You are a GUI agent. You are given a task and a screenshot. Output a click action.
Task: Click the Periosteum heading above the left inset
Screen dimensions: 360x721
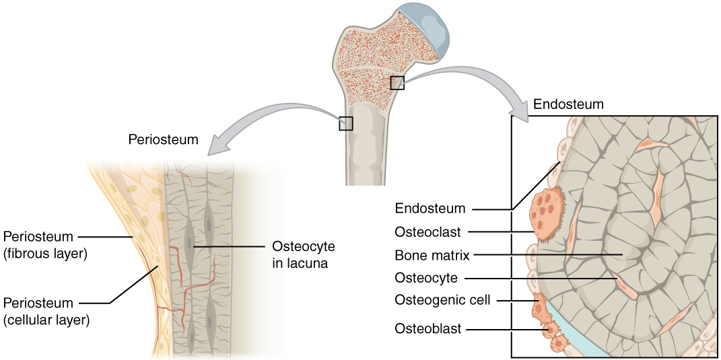click(163, 140)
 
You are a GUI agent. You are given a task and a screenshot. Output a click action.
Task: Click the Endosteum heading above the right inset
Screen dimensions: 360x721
click(568, 104)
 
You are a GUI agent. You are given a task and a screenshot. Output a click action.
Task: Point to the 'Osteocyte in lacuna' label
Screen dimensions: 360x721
click(303, 254)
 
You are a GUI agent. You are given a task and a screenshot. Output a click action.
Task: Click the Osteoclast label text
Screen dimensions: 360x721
click(427, 232)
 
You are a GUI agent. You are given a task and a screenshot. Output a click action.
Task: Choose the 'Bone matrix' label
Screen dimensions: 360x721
click(432, 255)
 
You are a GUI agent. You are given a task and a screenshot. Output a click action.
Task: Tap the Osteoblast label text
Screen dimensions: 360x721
click(427, 329)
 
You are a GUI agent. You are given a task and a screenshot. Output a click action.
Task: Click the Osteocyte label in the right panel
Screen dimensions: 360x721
click(426, 277)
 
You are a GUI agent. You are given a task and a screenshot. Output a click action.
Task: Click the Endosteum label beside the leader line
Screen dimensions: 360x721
click(430, 208)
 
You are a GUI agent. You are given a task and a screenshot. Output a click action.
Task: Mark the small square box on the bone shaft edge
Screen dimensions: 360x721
click(345, 123)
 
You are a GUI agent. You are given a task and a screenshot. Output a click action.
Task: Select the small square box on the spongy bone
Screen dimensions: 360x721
click(397, 83)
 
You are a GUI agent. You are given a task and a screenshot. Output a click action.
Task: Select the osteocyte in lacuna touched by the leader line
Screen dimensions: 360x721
click(193, 246)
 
